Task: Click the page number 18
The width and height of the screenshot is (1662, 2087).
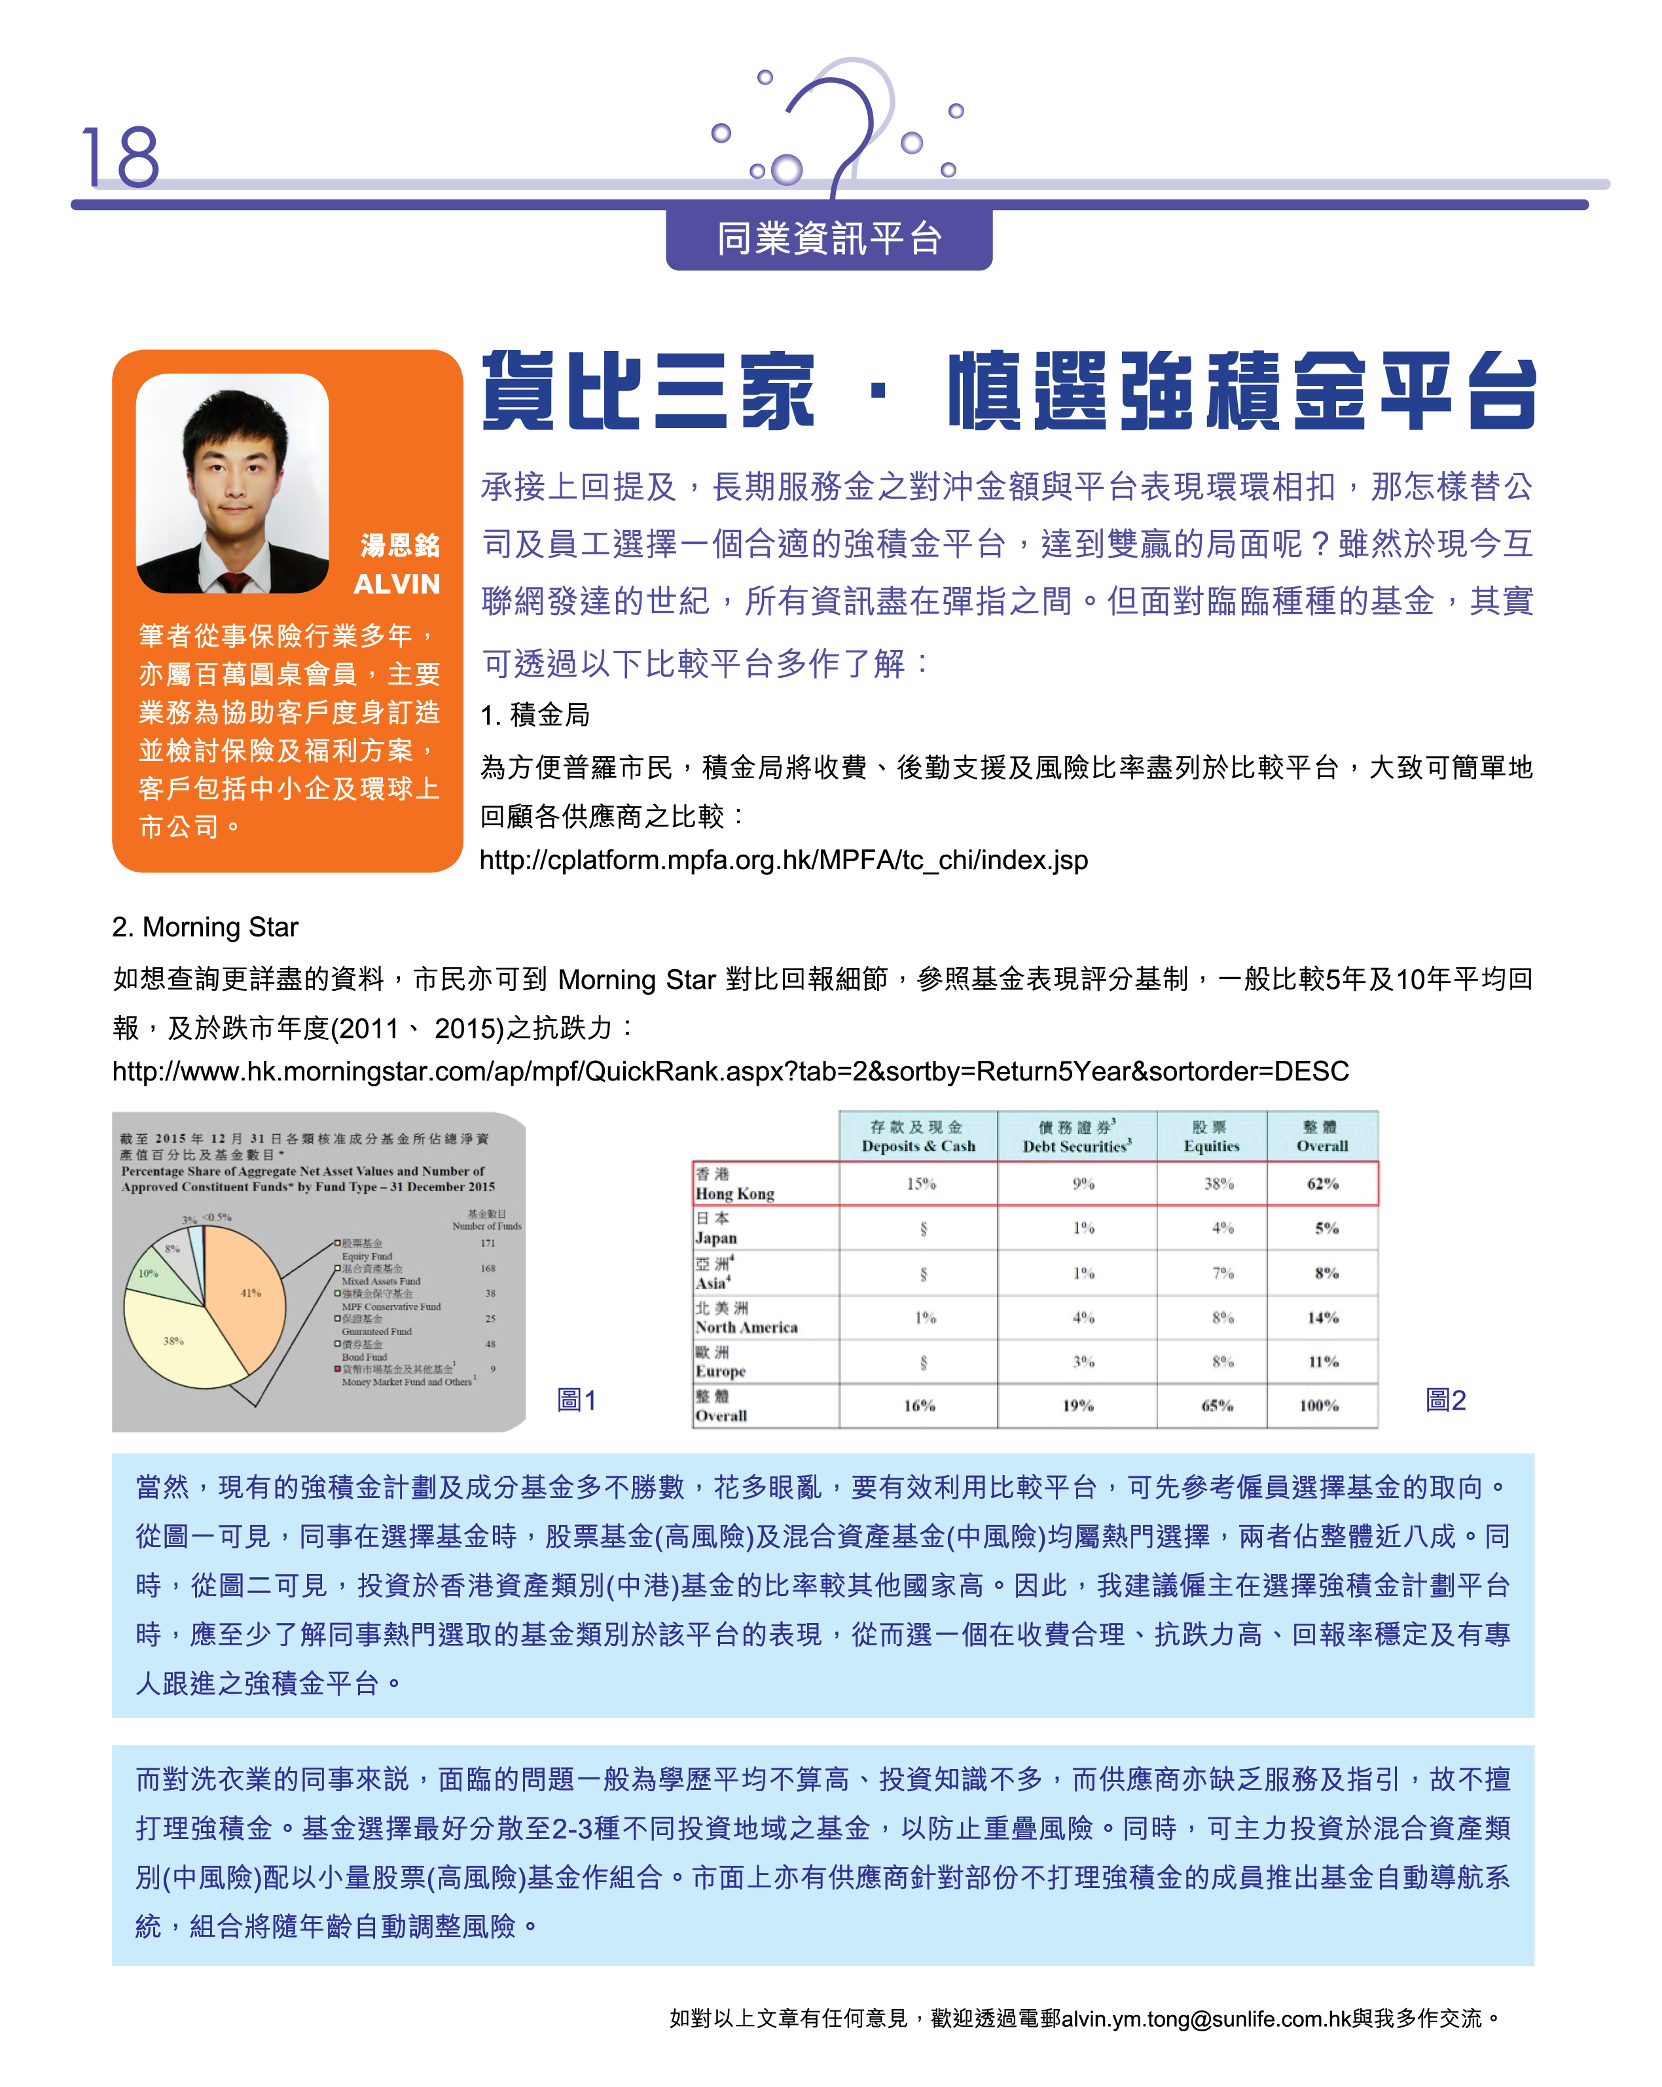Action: pos(120,157)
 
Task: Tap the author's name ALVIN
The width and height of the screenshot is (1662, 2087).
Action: pos(396,584)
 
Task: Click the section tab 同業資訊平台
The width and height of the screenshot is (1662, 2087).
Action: pos(829,238)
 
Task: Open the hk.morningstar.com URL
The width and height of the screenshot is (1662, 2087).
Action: pos(730,1071)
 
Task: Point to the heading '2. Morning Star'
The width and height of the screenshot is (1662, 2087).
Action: pos(205,927)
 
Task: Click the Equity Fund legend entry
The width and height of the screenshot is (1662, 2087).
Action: pos(364,1249)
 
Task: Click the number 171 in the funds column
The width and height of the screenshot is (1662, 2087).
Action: pos(487,1243)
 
